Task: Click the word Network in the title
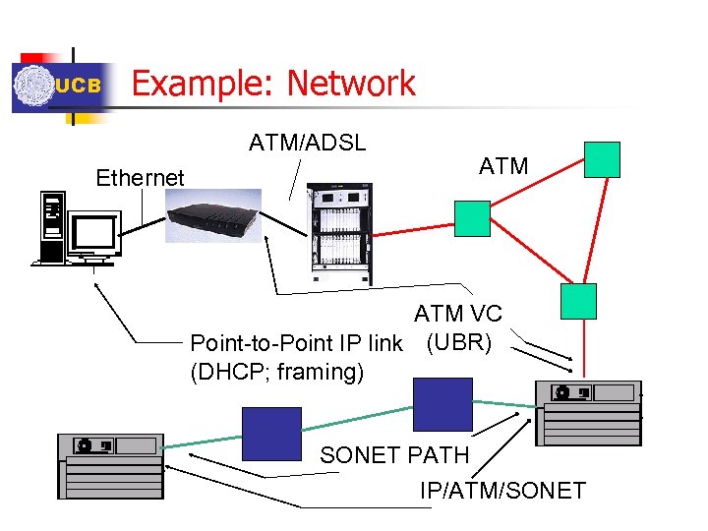(x=351, y=84)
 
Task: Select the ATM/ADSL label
(x=307, y=143)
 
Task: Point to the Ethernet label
(x=140, y=178)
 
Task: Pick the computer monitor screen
(x=93, y=234)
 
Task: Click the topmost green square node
(x=602, y=159)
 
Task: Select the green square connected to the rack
(x=472, y=218)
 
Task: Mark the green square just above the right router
(x=578, y=302)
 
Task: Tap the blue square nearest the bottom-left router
(x=271, y=434)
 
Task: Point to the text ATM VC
(x=457, y=314)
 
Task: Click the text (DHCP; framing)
(x=276, y=372)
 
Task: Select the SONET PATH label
(x=394, y=456)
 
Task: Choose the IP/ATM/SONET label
(x=502, y=490)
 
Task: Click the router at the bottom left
(x=109, y=463)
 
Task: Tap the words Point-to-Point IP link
(x=296, y=343)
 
